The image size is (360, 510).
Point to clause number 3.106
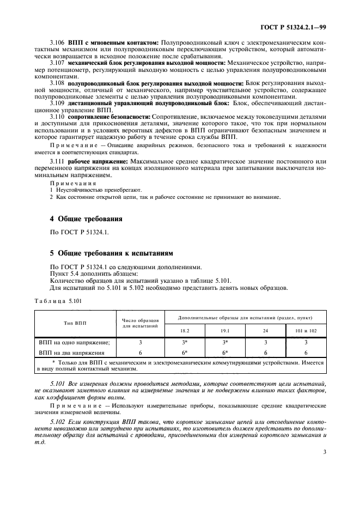click(57, 42)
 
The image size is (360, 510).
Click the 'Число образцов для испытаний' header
click(140, 323)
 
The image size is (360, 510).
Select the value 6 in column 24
click(265, 353)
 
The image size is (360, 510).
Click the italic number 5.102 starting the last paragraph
click(57, 422)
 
